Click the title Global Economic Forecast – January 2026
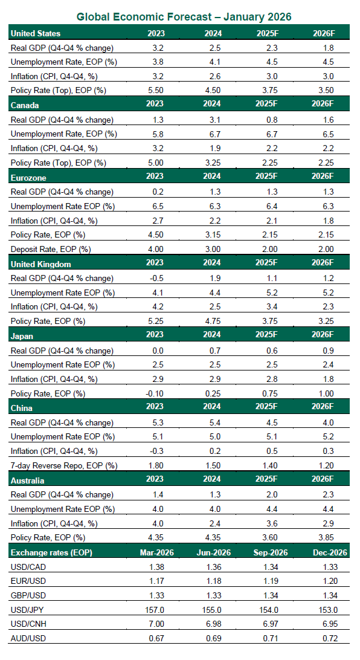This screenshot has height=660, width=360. [x=180, y=17]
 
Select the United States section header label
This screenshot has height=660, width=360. [x=36, y=33]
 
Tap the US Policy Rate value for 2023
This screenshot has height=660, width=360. [x=156, y=90]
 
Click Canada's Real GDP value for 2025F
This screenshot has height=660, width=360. [x=269, y=120]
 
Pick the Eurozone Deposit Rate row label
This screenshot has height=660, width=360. [x=49, y=248]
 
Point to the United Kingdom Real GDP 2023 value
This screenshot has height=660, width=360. [x=156, y=278]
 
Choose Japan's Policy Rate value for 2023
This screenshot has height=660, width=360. [x=156, y=393]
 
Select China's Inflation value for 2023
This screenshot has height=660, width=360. [x=156, y=451]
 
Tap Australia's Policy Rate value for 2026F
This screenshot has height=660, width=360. [x=326, y=537]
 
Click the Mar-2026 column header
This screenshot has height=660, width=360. [x=156, y=552]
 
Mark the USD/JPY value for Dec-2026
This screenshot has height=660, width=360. [x=326, y=610]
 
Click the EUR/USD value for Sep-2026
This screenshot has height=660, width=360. [x=269, y=581]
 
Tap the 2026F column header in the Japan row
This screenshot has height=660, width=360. [x=326, y=334]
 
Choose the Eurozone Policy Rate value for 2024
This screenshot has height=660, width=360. [x=212, y=235]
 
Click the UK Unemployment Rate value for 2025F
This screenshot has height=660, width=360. [x=269, y=293]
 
